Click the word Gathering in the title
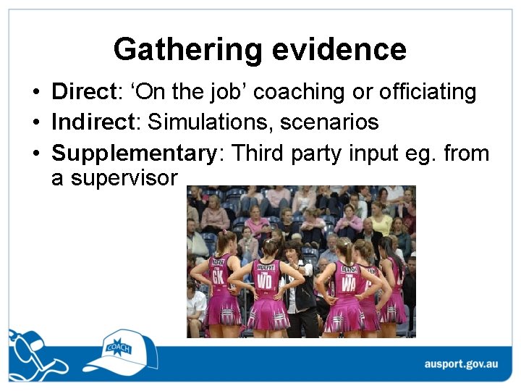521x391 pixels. pyautogui.click(x=187, y=50)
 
